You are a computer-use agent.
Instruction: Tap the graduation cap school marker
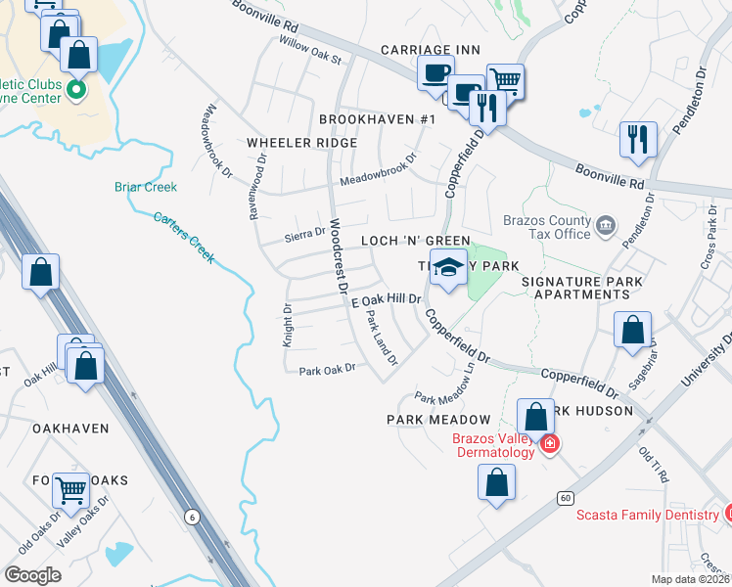pyautogui.click(x=448, y=268)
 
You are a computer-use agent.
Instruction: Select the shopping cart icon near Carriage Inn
pyautogui.click(x=505, y=80)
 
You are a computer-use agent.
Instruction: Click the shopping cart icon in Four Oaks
pyautogui.click(x=70, y=490)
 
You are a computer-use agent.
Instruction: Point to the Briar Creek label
pyautogui.click(x=146, y=187)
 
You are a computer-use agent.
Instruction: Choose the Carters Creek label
pyautogui.click(x=184, y=237)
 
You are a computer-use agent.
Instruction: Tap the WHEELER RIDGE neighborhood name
pyautogui.click(x=301, y=143)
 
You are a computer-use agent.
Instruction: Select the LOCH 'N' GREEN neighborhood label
pyautogui.click(x=416, y=241)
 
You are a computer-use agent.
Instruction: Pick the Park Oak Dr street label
pyautogui.click(x=326, y=370)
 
